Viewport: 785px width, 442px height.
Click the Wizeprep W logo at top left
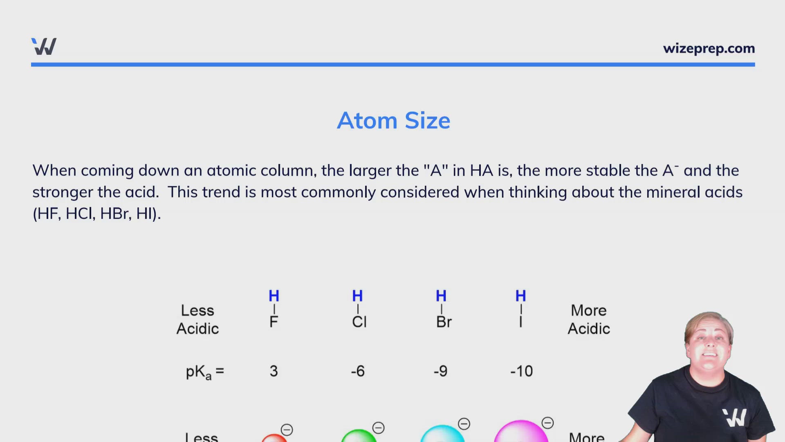(x=44, y=46)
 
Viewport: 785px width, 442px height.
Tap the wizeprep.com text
(x=709, y=49)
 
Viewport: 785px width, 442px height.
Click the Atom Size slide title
(x=393, y=121)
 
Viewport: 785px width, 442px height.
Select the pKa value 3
(x=274, y=371)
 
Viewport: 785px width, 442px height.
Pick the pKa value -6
(x=358, y=371)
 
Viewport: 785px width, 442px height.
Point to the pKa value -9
(x=440, y=371)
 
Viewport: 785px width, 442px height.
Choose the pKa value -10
(x=522, y=371)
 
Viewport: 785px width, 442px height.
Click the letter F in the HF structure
(x=274, y=322)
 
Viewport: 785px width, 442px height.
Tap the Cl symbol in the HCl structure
(x=359, y=322)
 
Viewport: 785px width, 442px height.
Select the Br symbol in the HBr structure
(x=444, y=322)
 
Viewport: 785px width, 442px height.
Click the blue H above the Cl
(x=357, y=295)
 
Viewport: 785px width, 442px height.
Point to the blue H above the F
(x=274, y=295)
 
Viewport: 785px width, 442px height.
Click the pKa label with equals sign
(x=205, y=372)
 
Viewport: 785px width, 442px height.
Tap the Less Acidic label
(x=197, y=320)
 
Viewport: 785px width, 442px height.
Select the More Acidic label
(x=589, y=320)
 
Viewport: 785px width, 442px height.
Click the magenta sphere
(x=521, y=432)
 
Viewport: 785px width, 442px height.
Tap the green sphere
(x=359, y=436)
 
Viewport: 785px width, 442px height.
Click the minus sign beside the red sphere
(x=287, y=430)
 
